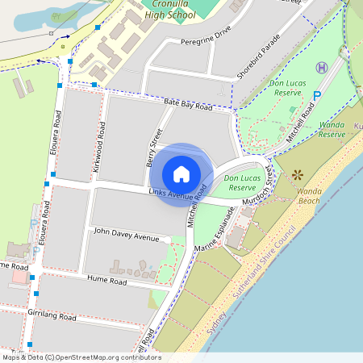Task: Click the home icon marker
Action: [x=181, y=174]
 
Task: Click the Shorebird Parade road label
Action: [x=259, y=57]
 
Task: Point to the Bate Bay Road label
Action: [x=187, y=105]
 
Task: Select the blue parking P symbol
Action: [x=317, y=95]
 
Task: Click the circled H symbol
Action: [x=322, y=68]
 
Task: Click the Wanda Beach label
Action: [x=309, y=195]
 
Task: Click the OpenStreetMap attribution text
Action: [x=81, y=357]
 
